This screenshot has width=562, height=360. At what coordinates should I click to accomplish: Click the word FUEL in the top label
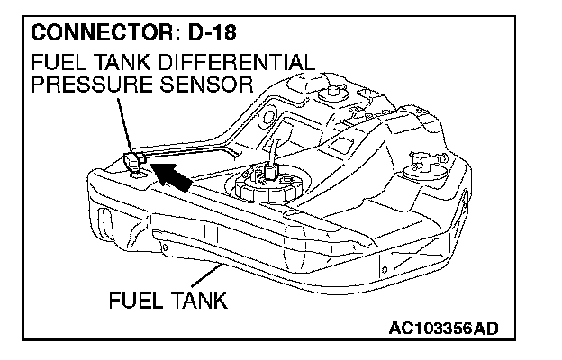(55, 64)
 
